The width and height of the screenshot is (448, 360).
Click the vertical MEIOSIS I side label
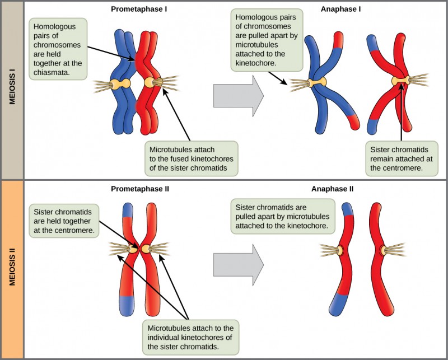coord(12,90)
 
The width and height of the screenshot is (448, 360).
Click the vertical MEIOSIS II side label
coord(12,269)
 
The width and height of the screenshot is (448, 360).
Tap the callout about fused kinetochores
coord(190,160)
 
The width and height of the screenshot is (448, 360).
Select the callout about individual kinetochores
coord(190,336)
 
